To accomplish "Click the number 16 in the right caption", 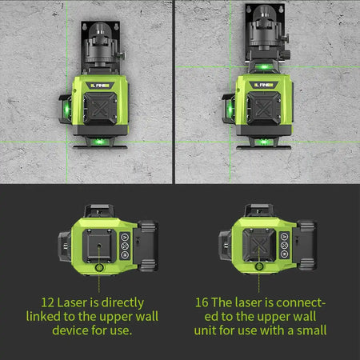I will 202,302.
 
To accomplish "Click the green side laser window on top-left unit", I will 65,107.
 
